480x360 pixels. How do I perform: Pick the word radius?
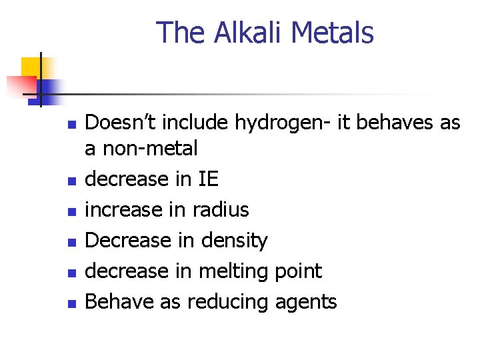(220, 209)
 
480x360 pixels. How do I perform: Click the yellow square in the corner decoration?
(31, 67)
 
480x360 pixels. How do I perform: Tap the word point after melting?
(297, 271)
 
